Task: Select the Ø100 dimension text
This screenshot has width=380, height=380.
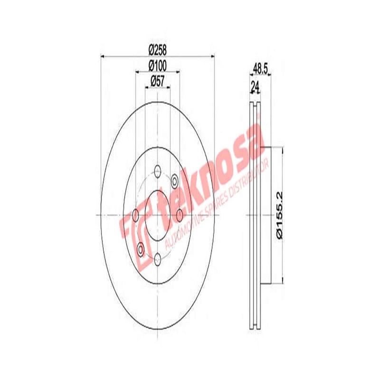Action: (x=157, y=65)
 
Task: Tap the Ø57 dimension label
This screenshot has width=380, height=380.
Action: (x=157, y=80)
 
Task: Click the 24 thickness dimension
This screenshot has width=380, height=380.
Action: (x=255, y=87)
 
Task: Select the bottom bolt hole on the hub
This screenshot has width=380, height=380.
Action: (x=158, y=258)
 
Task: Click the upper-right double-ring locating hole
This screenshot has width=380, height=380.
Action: (x=174, y=180)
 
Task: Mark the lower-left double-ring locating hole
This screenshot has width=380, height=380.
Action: (x=141, y=248)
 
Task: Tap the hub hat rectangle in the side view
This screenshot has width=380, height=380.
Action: (x=266, y=214)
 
